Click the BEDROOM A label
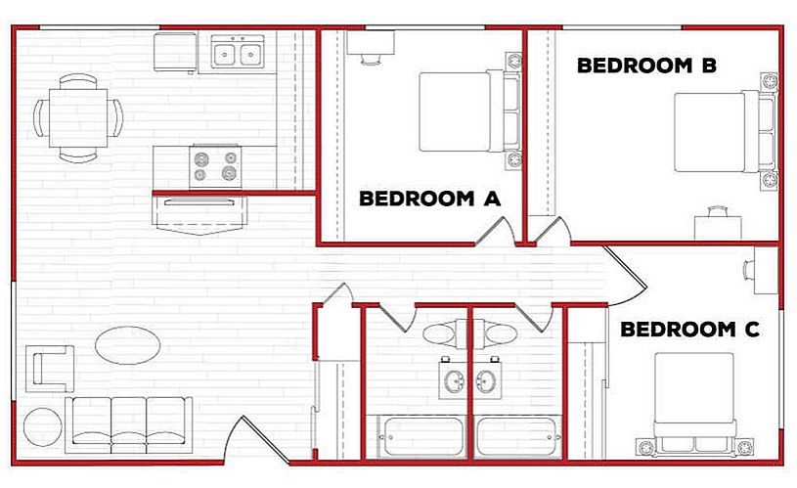tap(430, 199)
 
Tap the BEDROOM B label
tap(647, 66)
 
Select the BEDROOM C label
tap(689, 330)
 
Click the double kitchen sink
tap(238, 52)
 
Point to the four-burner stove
tap(215, 166)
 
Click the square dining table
tap(78, 118)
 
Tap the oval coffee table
tap(127, 345)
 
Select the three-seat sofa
tap(129, 425)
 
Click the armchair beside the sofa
tap(50, 369)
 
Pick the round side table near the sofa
tap(43, 427)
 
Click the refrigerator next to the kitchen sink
tap(175, 52)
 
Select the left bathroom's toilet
tap(446, 334)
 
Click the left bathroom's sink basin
tap(454, 380)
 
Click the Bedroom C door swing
tap(626, 276)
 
